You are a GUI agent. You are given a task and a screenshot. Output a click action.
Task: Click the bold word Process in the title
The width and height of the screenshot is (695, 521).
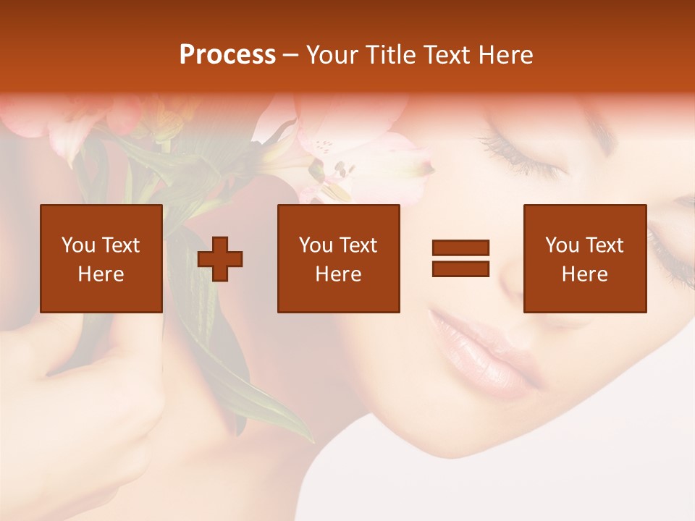point(227,55)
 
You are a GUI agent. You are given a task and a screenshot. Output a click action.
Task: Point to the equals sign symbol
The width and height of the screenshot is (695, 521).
point(460,258)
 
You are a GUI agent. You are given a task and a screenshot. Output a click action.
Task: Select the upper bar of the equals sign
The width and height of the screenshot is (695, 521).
point(460,248)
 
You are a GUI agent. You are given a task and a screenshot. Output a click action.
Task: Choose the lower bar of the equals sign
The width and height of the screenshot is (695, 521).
point(460,268)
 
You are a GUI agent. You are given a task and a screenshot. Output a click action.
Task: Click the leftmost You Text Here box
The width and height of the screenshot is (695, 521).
point(101,258)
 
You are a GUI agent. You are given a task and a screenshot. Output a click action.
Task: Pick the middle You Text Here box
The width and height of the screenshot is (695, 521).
point(338,258)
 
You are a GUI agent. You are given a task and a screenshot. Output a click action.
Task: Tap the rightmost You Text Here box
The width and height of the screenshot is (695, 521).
point(584,258)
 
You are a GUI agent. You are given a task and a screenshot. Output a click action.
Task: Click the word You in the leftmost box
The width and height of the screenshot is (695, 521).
point(77,245)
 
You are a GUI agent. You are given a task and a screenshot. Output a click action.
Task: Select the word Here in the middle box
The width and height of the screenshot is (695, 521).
point(338,274)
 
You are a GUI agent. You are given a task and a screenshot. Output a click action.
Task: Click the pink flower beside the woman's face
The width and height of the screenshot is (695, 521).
point(362,166)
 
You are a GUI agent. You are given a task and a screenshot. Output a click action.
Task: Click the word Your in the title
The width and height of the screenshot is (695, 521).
point(330,55)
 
